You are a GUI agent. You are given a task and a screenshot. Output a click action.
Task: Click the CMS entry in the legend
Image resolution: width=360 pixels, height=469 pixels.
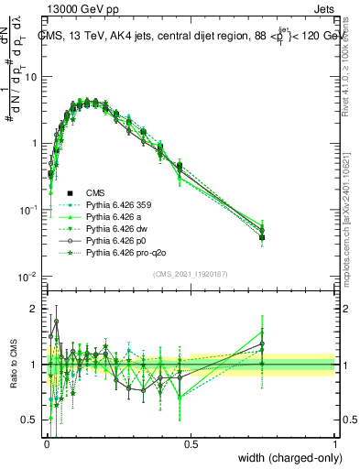[x=96, y=192]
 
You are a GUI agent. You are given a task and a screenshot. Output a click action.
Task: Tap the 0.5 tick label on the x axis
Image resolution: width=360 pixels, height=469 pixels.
[x=191, y=442]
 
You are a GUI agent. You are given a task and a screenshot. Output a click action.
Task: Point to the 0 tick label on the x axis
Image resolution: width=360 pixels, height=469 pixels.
[x=46, y=442]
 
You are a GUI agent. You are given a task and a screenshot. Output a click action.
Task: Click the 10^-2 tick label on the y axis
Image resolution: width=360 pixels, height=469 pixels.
[x=27, y=277]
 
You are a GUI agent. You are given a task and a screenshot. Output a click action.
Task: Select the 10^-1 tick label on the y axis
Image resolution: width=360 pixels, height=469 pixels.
[x=27, y=210]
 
